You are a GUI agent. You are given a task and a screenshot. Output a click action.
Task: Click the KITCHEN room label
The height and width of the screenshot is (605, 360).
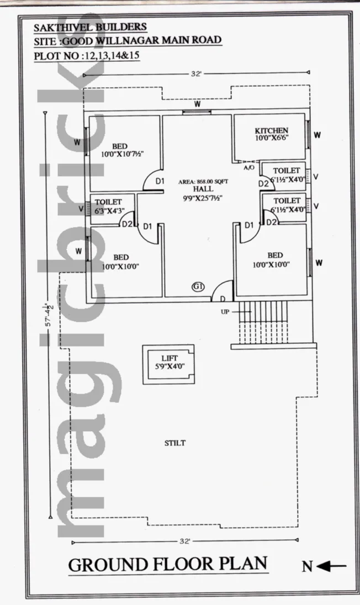point(272,130)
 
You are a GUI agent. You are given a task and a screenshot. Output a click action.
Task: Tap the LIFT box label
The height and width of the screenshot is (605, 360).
point(170,358)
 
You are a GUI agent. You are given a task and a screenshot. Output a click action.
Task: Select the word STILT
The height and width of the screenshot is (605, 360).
point(175,443)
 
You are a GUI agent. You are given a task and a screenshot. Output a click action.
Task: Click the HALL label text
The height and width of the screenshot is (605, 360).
point(203,189)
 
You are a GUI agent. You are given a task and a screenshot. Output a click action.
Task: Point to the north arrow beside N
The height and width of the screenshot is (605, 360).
point(331,566)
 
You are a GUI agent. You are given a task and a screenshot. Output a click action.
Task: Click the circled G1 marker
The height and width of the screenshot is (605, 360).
point(198,286)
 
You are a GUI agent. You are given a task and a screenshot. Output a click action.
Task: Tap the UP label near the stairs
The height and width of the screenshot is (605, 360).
point(225,312)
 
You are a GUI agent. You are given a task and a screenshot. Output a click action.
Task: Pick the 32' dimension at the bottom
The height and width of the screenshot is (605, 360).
point(185,542)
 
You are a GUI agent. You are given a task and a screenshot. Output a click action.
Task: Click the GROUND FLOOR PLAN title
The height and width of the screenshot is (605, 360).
point(168,564)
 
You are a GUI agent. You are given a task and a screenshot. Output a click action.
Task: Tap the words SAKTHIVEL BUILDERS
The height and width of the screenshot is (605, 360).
point(91,28)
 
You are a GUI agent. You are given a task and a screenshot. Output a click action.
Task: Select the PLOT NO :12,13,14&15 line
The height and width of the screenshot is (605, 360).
point(87,56)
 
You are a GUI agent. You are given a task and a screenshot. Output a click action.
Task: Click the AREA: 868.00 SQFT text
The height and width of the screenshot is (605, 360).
point(203,182)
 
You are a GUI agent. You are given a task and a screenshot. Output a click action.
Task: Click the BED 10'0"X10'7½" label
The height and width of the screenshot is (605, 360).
point(120,150)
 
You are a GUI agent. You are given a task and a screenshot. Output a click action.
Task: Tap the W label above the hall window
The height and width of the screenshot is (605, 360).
point(197,104)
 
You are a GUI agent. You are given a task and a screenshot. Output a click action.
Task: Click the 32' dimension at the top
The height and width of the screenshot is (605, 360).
point(197,74)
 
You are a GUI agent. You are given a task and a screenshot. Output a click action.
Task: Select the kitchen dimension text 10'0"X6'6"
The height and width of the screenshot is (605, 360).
point(272,137)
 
